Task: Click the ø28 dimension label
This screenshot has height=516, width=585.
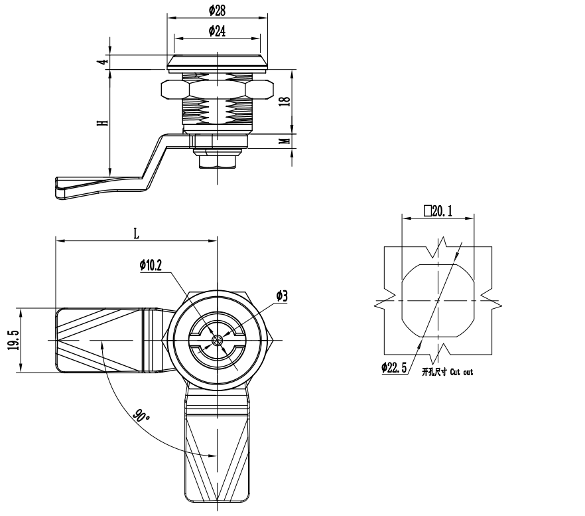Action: point(217,11)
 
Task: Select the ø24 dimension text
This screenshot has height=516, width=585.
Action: point(217,31)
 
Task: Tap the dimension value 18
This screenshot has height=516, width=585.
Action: point(285,102)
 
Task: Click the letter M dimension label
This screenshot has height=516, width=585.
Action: point(285,141)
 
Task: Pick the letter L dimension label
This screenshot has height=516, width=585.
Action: point(136,234)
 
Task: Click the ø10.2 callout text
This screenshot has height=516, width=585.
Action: point(151,265)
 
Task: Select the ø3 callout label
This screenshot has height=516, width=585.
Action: point(282,296)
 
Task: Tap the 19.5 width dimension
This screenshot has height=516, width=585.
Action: point(14,340)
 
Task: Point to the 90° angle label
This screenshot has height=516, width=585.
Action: point(141,416)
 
